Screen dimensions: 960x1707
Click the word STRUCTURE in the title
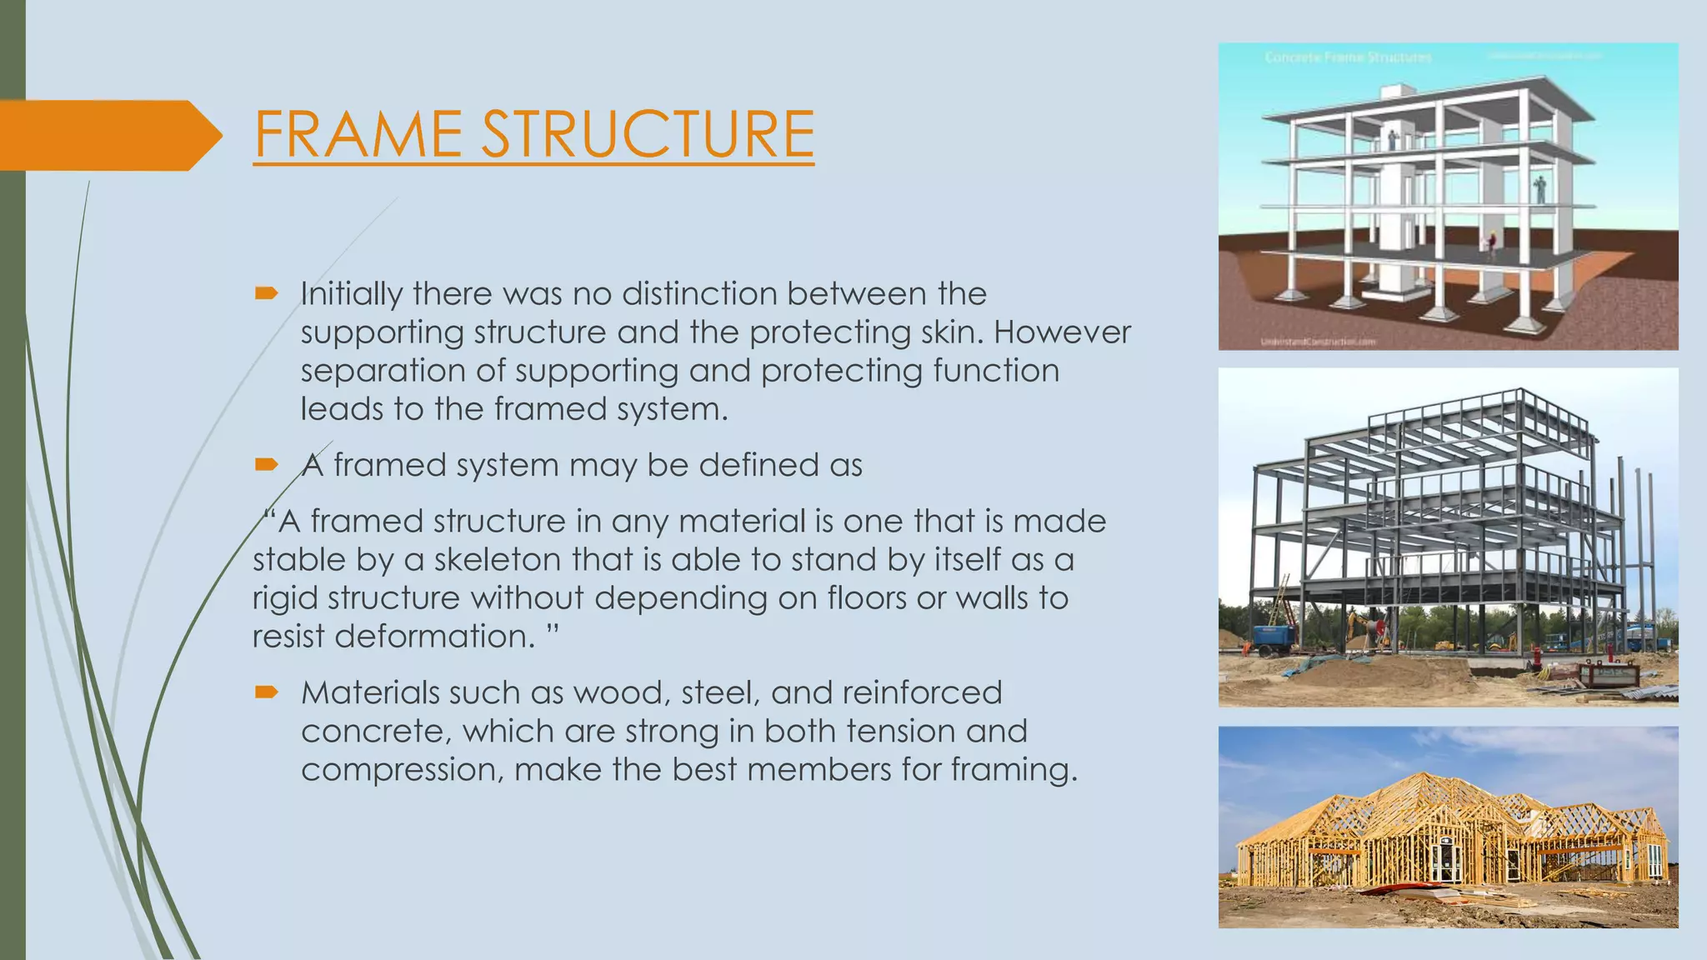(648, 134)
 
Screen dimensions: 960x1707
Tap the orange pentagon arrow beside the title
(108, 135)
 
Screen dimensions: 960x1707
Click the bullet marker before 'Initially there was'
(266, 292)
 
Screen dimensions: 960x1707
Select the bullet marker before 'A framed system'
(266, 464)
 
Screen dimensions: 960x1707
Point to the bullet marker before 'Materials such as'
(266, 692)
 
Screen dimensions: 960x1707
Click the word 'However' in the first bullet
(1062, 332)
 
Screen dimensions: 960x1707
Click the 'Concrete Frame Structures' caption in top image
(1348, 57)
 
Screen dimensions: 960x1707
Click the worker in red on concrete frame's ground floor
(1492, 243)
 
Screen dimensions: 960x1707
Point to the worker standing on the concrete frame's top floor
(1391, 138)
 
